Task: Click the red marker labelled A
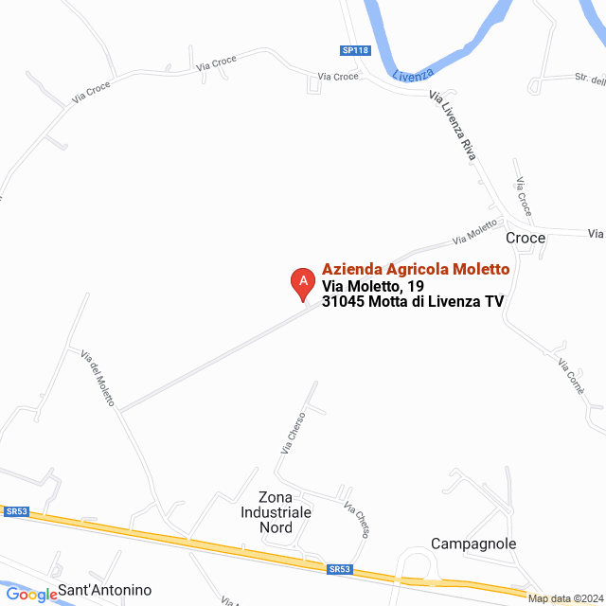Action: [x=302, y=281]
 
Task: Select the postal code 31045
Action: [x=343, y=302]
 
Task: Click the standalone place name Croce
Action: [x=526, y=238]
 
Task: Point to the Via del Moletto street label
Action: [x=98, y=379]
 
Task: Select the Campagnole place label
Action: [x=473, y=544]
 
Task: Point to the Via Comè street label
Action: [x=571, y=376]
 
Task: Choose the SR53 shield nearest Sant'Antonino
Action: [x=16, y=511]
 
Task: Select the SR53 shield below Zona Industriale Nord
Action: [x=340, y=569]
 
